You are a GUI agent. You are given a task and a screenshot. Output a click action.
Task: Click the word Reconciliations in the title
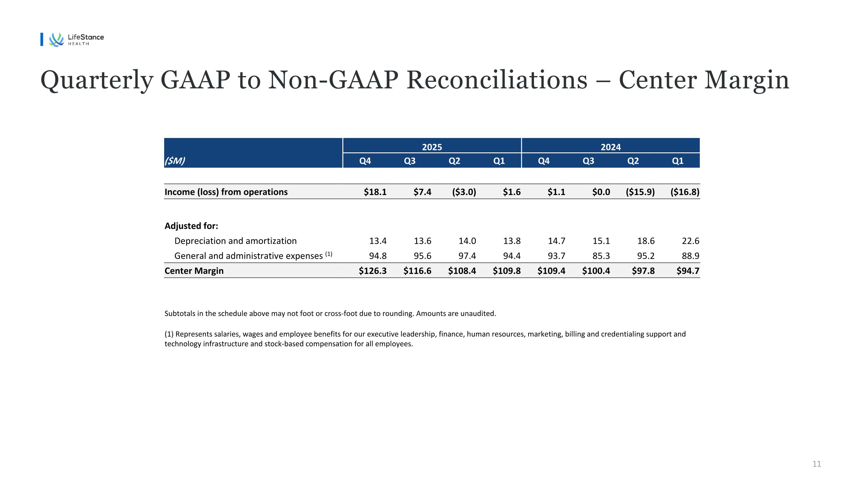tap(497, 80)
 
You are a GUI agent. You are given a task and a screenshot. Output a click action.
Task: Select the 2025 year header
tap(432, 147)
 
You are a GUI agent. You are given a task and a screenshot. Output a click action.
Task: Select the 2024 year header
tap(611, 147)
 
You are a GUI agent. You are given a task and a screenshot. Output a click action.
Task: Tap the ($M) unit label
tap(175, 161)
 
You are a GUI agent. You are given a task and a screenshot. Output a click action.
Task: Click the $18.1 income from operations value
tap(375, 192)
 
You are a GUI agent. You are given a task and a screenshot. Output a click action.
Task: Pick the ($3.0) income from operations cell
tap(464, 192)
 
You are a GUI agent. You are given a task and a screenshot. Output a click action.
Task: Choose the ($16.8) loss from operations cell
tap(685, 192)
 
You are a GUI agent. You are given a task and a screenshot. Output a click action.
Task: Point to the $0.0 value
tap(601, 192)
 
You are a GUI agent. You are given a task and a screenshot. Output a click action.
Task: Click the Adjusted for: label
tap(191, 226)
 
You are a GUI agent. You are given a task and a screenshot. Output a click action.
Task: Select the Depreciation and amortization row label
tap(236, 241)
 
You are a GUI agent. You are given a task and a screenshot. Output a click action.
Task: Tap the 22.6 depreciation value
tap(691, 241)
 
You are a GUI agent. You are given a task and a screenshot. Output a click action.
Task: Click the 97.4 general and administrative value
tap(467, 256)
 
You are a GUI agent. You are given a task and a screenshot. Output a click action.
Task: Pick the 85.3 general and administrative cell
tap(601, 256)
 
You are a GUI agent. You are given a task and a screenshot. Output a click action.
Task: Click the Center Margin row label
tap(194, 271)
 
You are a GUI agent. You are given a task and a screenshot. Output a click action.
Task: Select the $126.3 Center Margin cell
tap(373, 271)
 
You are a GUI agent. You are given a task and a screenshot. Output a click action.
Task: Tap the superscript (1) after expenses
tap(329, 254)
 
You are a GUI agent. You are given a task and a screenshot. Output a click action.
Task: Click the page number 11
tap(817, 464)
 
